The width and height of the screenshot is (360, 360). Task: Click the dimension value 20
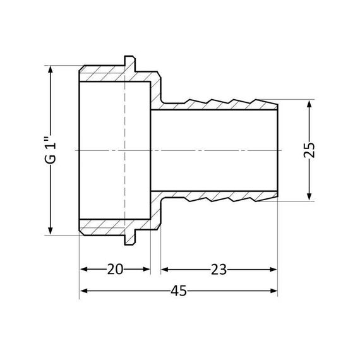click(114, 270)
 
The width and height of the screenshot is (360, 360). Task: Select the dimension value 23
click(218, 270)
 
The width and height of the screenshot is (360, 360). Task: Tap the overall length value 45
click(178, 291)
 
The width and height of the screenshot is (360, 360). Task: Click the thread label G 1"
click(51, 150)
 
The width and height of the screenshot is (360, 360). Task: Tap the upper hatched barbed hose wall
click(221, 103)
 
